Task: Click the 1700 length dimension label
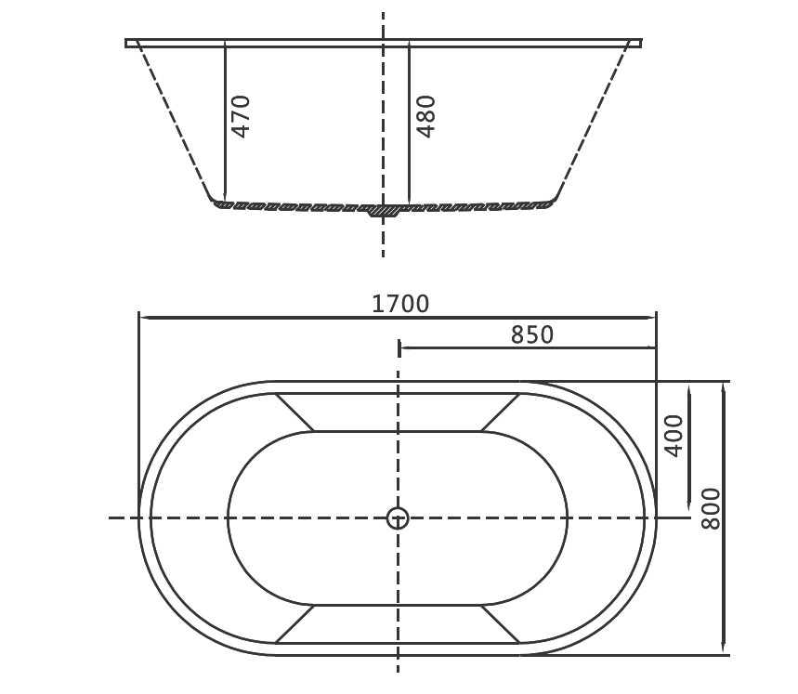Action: pos(400,304)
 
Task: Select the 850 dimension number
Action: pos(531,334)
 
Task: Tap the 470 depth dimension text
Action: pos(241,116)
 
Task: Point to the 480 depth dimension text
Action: pos(425,116)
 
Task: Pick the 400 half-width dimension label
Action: pos(674,435)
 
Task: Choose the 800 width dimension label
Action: pos(710,508)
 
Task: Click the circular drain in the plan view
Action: pos(398,517)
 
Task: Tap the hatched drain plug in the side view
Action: pos(383,210)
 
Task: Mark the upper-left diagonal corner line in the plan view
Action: pos(294,412)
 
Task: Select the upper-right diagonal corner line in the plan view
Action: pos(501,412)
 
